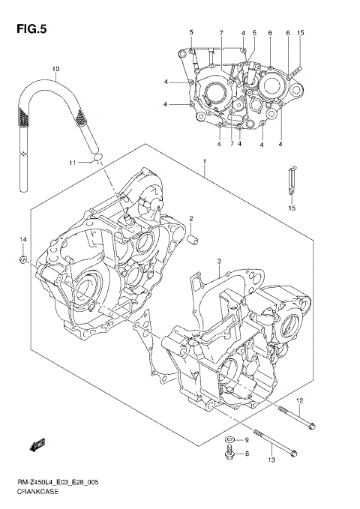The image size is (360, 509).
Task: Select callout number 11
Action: click(x=73, y=163)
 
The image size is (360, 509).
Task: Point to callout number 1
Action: click(x=204, y=161)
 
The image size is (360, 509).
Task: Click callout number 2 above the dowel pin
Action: click(x=191, y=219)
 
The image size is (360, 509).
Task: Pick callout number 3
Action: click(x=218, y=262)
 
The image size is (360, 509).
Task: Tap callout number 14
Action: click(x=23, y=239)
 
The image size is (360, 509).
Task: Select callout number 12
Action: click(x=298, y=401)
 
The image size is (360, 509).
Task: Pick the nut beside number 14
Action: click(x=25, y=259)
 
